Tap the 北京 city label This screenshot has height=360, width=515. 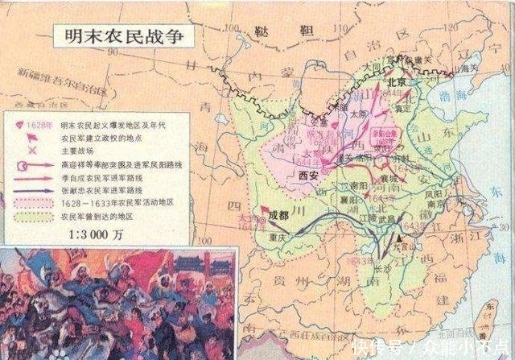[395, 82]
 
